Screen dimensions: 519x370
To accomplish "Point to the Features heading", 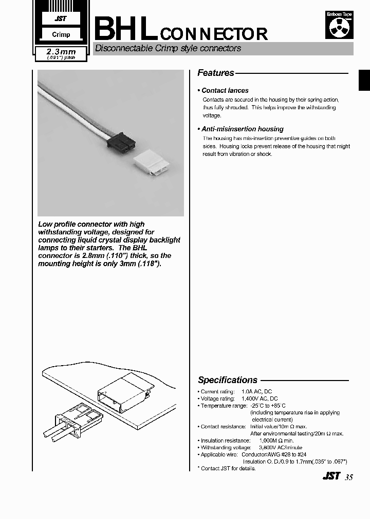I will [216, 73].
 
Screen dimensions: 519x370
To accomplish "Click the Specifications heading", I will [228, 380].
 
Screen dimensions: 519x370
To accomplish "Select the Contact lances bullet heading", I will [225, 90].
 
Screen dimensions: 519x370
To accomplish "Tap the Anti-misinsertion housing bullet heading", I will [242, 129].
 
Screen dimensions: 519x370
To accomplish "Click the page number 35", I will [349, 477].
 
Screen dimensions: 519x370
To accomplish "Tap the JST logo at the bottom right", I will [331, 476].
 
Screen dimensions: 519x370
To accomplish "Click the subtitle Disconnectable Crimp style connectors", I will [168, 49].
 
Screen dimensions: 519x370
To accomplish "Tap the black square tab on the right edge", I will [364, 81].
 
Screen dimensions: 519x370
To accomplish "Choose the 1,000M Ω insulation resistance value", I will [276, 441].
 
